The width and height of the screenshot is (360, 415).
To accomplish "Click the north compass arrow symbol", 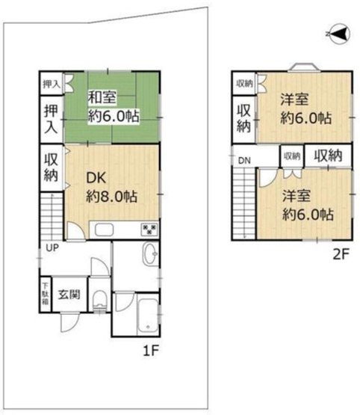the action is (338, 34).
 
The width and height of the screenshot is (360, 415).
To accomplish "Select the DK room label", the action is (96, 179).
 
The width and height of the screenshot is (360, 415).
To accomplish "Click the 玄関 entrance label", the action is (69, 295).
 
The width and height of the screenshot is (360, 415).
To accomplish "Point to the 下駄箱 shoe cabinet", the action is (46, 295).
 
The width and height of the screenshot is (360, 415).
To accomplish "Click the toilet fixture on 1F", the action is (99, 301).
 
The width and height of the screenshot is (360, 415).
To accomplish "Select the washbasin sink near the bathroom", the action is (150, 253).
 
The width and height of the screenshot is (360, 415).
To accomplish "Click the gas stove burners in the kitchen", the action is (149, 230).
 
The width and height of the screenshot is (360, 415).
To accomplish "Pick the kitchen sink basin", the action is (104, 230).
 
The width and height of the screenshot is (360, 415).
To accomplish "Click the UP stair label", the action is (52, 248).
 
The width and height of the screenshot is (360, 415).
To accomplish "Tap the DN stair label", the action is (244, 160).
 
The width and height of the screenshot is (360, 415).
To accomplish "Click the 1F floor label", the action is (150, 351).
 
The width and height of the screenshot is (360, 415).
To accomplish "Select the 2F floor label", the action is (341, 254).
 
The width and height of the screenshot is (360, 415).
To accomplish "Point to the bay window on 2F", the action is (304, 67).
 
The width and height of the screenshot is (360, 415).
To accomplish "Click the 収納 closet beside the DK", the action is (52, 167).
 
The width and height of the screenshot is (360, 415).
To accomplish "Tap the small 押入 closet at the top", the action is (52, 84).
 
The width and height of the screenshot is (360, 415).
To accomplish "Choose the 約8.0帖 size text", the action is (111, 197).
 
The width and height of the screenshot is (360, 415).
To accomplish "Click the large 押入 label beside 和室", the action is (51, 119).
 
